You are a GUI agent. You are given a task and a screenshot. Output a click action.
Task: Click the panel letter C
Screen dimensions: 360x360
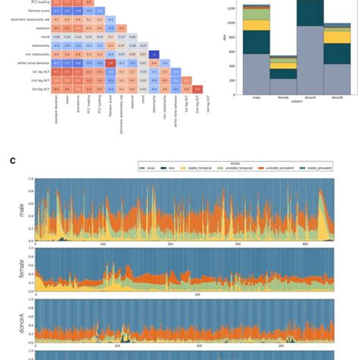pos(13,159)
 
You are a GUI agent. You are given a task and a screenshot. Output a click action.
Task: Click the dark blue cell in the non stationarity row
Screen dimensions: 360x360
pos(153,54)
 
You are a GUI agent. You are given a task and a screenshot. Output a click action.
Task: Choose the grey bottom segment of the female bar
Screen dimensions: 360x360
pos(283,86)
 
